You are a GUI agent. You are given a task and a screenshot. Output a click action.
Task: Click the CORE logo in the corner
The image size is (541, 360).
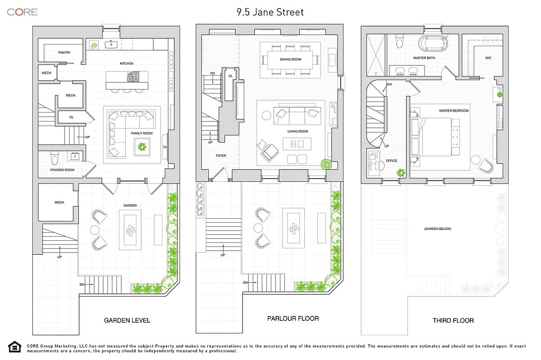pyautogui.click(x=22, y=12)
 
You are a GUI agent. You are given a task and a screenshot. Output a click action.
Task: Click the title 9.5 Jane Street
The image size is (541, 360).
pyautogui.click(x=270, y=12)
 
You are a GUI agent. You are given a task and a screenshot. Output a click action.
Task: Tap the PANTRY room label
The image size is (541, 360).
pyautogui.click(x=64, y=53)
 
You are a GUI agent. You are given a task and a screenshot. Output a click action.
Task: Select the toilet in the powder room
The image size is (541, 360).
pyautogui.click(x=55, y=159)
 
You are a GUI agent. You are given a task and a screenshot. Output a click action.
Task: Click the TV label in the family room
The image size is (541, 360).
pyautogui.click(x=165, y=147)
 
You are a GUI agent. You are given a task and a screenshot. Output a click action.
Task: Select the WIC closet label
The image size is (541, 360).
pyautogui.click(x=488, y=58)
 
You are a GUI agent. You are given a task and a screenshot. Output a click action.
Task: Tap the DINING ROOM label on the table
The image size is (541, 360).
pyautogui.click(x=290, y=59)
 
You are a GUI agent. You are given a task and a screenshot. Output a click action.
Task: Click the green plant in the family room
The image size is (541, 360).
pyautogui.click(x=143, y=147)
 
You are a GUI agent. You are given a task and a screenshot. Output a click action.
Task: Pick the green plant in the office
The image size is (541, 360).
pyautogui.click(x=401, y=172)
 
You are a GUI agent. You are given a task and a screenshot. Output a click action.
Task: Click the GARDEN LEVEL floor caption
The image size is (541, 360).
pyautogui.click(x=127, y=320)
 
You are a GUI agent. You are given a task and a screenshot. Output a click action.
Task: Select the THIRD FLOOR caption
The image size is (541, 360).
pyautogui.click(x=453, y=320)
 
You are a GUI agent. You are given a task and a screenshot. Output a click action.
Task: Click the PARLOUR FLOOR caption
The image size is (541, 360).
pyautogui.click(x=293, y=319)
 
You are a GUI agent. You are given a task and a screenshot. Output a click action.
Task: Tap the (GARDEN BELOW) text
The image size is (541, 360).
pyautogui.click(x=437, y=229)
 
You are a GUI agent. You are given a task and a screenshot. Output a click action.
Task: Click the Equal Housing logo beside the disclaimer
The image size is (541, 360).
pyautogui.click(x=14, y=347)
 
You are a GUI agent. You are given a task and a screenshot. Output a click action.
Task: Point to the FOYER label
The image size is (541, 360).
pyautogui.click(x=221, y=156)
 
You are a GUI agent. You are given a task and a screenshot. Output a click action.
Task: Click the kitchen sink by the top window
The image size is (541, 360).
pyautogui.click(x=111, y=44)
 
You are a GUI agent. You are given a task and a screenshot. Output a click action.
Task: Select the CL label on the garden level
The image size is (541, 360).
pyautogui.click(x=72, y=117)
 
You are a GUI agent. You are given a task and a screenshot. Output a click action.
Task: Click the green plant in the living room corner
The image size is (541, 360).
pyautogui.click(x=326, y=164)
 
